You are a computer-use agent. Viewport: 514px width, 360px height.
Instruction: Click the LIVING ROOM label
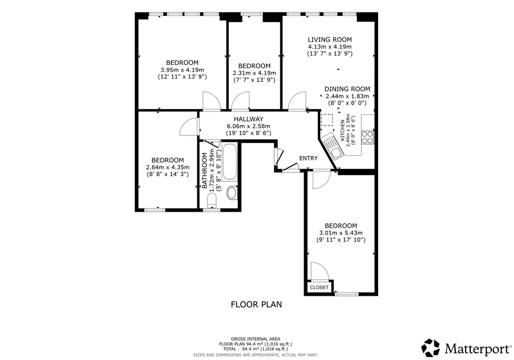click(x=329, y=40)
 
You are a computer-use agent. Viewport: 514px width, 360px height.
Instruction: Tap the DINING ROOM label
click(x=347, y=89)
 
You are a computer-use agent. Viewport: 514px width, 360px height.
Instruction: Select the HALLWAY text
click(x=248, y=119)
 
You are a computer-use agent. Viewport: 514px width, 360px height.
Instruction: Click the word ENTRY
click(x=308, y=158)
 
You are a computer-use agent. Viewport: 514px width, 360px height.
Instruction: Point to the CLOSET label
click(x=319, y=288)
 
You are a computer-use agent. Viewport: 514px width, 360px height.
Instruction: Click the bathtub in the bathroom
click(x=230, y=162)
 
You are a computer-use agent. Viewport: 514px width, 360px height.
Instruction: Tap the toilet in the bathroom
click(x=212, y=200)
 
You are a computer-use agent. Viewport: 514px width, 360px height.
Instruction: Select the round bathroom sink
click(x=233, y=193)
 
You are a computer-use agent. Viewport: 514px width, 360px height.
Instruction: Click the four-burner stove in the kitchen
click(x=368, y=138)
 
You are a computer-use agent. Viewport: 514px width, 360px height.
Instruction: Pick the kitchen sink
click(x=332, y=148)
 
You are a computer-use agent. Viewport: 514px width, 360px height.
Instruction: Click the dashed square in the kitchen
click(x=326, y=120)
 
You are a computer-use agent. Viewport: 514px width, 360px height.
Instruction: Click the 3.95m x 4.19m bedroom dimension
click(x=183, y=70)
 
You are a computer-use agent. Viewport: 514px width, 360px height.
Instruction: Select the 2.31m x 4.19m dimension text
click(x=254, y=73)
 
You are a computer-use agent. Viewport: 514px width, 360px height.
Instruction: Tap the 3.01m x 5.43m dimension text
click(x=341, y=233)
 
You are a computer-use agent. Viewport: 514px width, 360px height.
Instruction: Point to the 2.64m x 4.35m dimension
click(x=168, y=168)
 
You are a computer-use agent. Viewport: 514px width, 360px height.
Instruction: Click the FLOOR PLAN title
click(x=256, y=305)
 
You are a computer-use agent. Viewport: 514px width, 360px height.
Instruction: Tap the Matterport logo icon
click(x=430, y=348)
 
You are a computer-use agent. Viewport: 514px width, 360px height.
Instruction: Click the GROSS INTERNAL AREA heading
click(x=256, y=339)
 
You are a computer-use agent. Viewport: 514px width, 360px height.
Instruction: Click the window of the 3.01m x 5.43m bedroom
click(x=347, y=294)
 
